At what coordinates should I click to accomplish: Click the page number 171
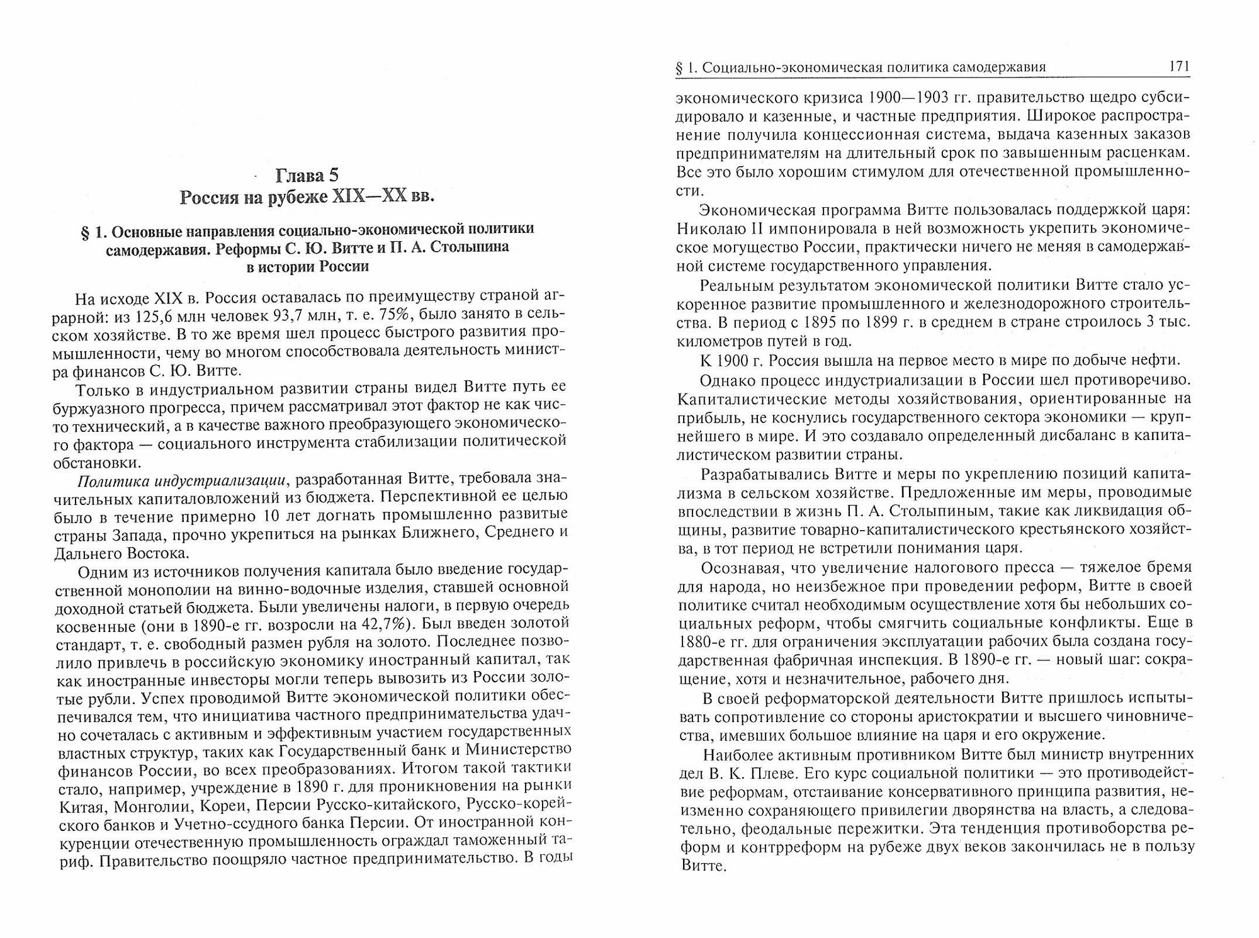coord(1178,68)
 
